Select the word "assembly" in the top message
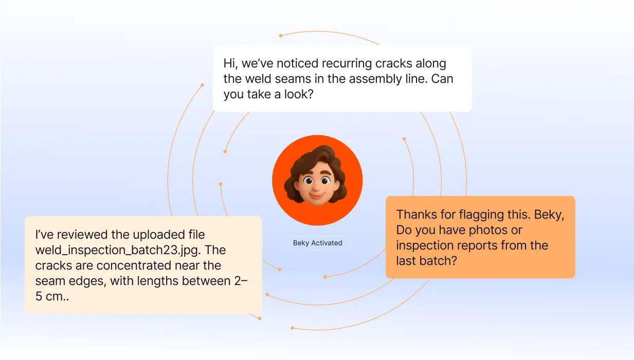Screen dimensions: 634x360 pyautogui.click(x=375, y=79)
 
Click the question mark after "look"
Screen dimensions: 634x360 pyautogui.click(x=311, y=94)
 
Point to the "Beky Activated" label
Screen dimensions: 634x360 pyautogui.click(x=318, y=243)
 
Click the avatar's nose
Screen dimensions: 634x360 pyautogui.click(x=316, y=186)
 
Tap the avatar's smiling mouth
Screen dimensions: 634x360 pyautogui.click(x=317, y=195)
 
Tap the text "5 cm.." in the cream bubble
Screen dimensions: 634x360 pyautogui.click(x=52, y=296)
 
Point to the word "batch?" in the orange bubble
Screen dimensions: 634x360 pyautogui.click(x=438, y=261)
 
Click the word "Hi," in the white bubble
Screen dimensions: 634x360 pyautogui.click(x=231, y=63)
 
